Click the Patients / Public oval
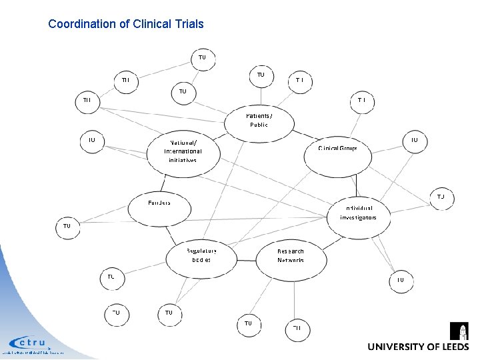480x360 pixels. [x=259, y=120]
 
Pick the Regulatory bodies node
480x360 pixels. [x=201, y=255]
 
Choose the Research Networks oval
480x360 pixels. [x=291, y=256]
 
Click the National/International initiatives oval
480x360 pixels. [x=183, y=151]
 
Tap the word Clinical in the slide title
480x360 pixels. [x=148, y=24]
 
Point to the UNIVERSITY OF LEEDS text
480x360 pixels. [x=418, y=347]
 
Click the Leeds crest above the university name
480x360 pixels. [x=459, y=331]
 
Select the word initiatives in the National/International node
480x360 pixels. [x=182, y=160]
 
